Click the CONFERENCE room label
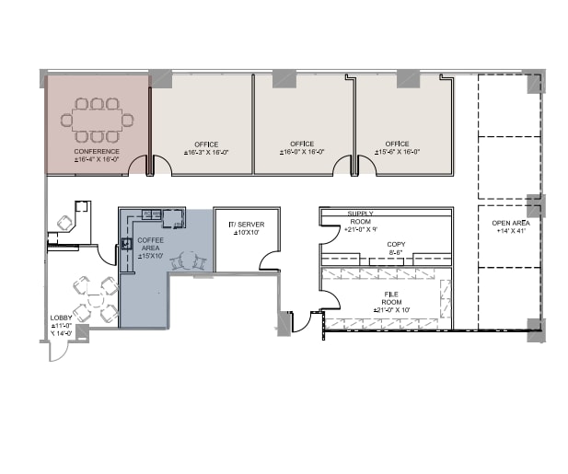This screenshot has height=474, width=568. [97, 151]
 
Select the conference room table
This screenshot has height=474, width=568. [97, 120]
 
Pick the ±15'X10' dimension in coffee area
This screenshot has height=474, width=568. [151, 256]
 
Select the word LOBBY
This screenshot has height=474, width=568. [61, 318]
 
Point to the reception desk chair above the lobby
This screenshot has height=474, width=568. [65, 222]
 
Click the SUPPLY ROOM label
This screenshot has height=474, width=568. [360, 218]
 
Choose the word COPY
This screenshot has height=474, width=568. [397, 244]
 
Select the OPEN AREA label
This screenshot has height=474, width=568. [510, 224]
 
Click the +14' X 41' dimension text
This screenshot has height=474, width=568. [510, 233]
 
